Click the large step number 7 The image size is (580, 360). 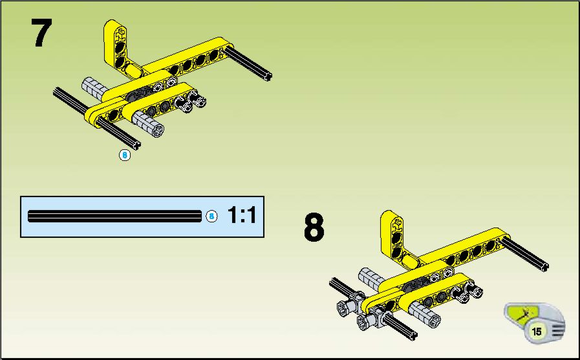(x=41, y=32)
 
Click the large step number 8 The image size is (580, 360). (x=314, y=227)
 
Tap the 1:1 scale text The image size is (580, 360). (x=242, y=215)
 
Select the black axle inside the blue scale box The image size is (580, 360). (x=114, y=217)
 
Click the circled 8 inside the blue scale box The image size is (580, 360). (x=211, y=217)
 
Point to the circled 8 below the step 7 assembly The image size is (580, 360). (x=125, y=155)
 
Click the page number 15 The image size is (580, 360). (x=536, y=331)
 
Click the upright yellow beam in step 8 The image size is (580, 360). (x=392, y=237)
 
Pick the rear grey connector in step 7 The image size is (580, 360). (x=94, y=88)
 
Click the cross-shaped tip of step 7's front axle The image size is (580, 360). (x=136, y=145)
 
